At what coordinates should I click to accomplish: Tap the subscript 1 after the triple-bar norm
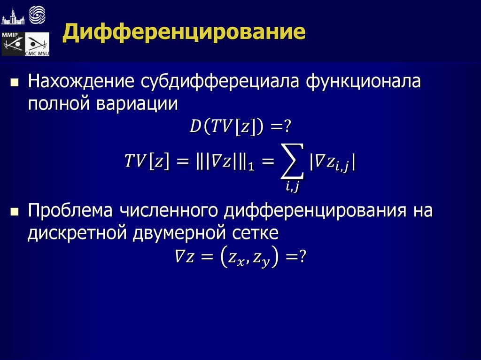pos(251,168)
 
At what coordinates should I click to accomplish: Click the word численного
pos(171,211)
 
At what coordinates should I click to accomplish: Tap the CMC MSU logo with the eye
pos(37,45)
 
